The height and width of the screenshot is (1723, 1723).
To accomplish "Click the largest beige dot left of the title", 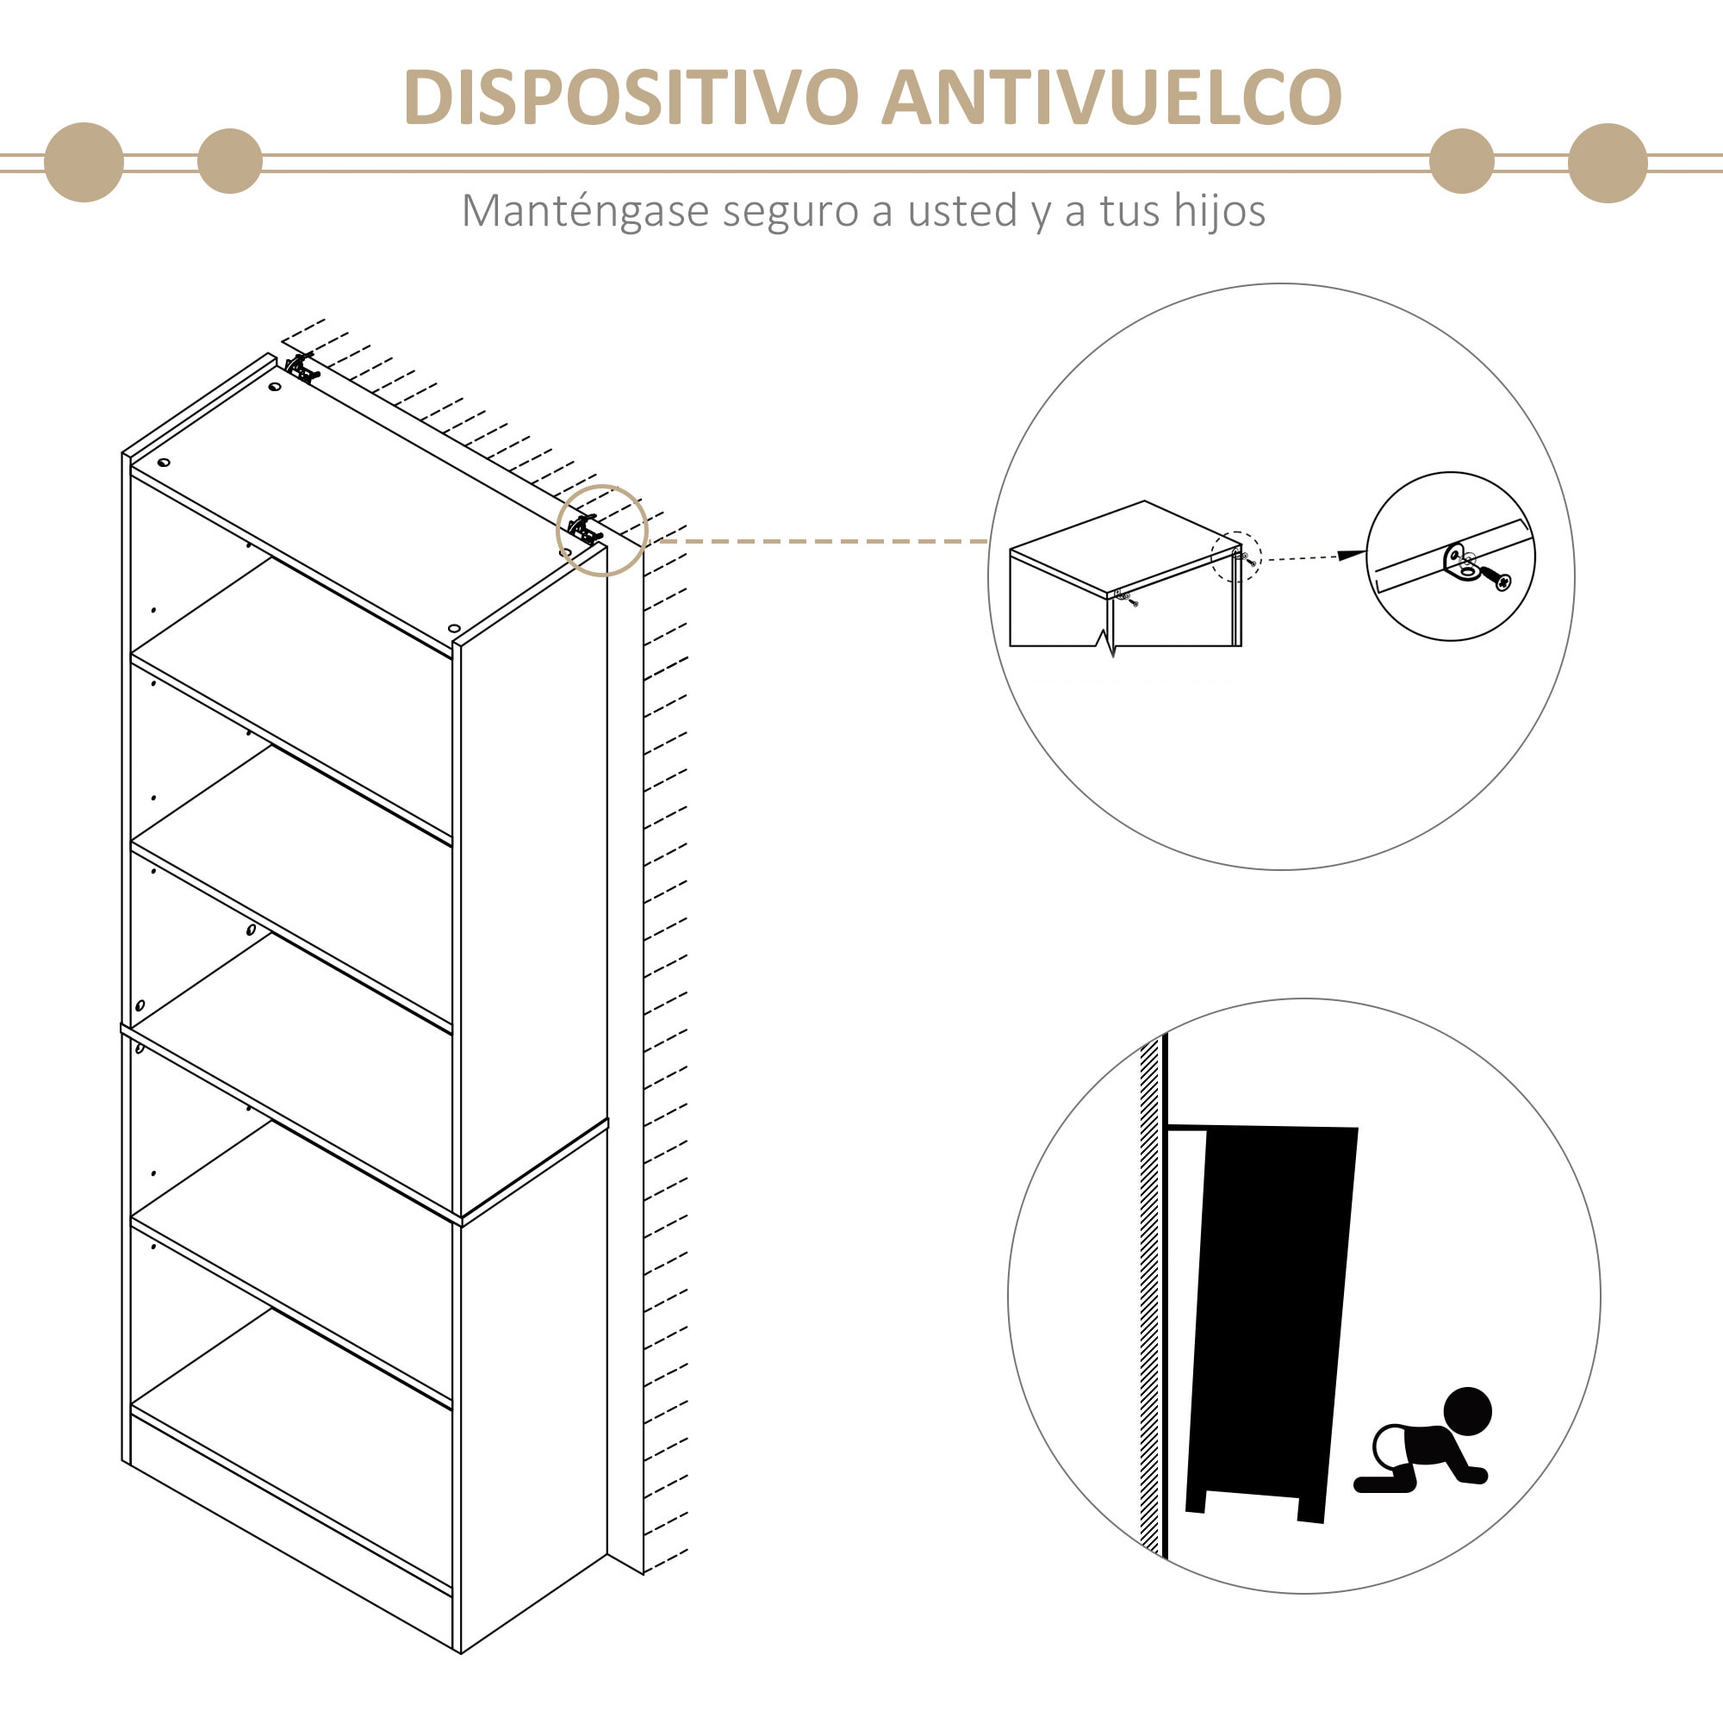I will tap(84, 162).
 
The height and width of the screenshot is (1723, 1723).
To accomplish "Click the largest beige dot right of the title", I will tap(1607, 163).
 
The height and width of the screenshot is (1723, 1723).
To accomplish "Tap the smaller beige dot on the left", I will tap(230, 161).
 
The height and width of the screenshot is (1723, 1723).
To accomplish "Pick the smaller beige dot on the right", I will tap(1461, 161).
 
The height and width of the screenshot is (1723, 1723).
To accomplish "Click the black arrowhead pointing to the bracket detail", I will tap(1350, 555).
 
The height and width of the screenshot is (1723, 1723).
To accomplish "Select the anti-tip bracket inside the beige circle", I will tap(585, 531).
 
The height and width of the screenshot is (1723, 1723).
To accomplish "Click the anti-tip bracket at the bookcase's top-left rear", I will tap(302, 368).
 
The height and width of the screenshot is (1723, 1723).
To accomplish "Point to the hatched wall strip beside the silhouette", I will tap(1149, 1293).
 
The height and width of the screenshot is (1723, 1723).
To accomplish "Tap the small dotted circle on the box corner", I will tap(1236, 557).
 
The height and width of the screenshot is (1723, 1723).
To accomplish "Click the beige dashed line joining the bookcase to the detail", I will tap(820, 541).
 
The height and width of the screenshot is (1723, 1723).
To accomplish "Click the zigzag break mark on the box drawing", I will tap(1106, 640).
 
